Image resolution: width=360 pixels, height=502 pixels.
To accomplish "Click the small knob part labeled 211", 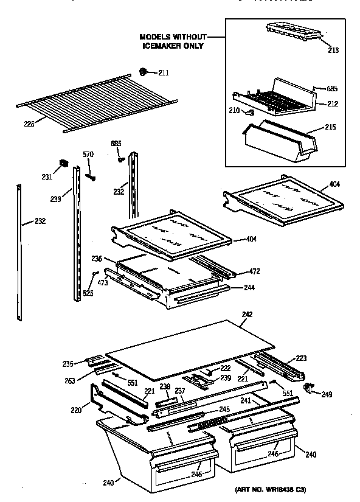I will tap(144, 72).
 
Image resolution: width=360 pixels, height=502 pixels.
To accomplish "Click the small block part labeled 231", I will tap(62, 163).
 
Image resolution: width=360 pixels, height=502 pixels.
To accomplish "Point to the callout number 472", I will tap(256, 271).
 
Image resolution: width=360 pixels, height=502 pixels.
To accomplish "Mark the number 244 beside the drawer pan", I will tap(249, 287).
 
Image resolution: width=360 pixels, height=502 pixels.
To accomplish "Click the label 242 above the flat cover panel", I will tap(246, 315).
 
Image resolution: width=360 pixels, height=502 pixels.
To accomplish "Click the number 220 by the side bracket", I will tap(77, 410).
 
